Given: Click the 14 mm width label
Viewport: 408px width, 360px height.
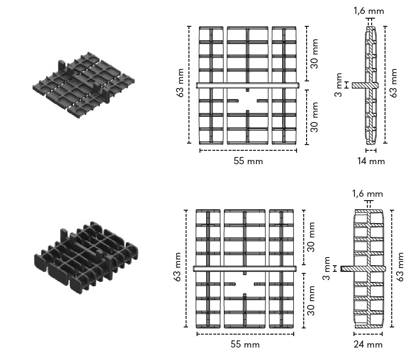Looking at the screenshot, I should click(371, 161).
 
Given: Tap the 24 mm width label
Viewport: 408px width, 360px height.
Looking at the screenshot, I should click(369, 344).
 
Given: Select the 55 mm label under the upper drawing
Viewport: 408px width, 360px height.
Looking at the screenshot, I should click(248, 161).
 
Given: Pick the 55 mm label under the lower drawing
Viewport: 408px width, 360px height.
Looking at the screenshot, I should click(245, 344).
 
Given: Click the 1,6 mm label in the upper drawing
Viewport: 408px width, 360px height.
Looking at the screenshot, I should click(368, 11).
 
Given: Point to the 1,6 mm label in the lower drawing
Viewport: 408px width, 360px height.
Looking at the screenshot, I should click(367, 193).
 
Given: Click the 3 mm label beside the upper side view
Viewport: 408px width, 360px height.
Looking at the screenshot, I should click(340, 84).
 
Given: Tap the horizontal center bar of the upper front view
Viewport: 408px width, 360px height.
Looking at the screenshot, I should click(248, 86).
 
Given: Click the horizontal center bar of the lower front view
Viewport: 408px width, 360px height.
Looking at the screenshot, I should click(245, 269).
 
